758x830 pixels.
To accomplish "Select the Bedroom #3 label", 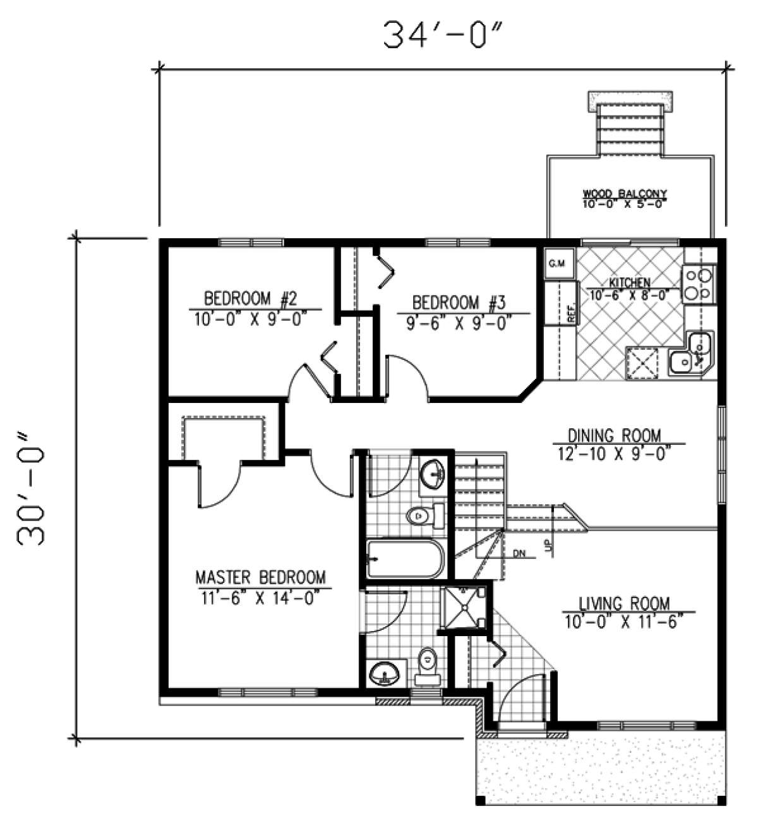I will click(459, 302).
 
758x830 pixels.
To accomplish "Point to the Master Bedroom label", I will click(260, 577).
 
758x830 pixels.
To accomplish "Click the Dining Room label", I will click(614, 435).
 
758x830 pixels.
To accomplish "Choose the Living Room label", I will click(625, 603).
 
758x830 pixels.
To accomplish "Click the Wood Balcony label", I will click(625, 194).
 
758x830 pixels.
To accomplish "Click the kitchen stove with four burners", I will click(699, 284).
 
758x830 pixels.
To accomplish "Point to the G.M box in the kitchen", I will click(556, 263).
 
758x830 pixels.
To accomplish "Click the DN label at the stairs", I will click(519, 554).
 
